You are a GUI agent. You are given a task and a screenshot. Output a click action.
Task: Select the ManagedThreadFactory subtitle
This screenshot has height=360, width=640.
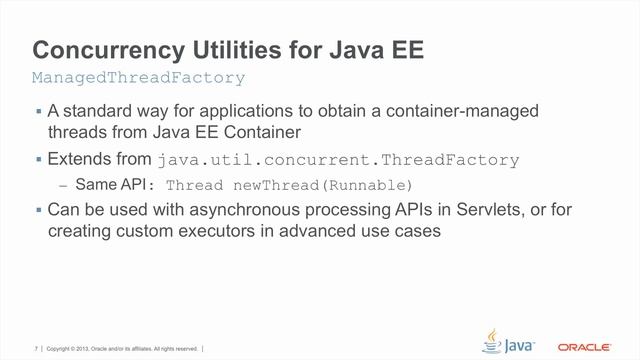[x=138, y=77]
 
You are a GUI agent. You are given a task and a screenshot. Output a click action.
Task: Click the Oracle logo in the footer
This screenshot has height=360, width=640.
[x=585, y=348]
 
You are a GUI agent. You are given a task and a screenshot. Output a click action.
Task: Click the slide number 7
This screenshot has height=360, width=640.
[x=36, y=348]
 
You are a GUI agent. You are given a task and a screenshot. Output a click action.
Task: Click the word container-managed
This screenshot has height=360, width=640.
[x=475, y=110]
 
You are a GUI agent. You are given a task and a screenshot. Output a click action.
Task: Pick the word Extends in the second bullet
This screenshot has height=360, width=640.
[x=79, y=159]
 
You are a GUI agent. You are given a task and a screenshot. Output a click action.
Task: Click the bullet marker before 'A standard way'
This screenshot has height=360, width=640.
[x=38, y=110]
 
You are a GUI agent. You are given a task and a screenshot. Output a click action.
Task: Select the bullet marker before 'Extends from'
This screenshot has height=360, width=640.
[x=38, y=159]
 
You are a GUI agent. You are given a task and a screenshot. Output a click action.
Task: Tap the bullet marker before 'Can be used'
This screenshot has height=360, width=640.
[x=38, y=210]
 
